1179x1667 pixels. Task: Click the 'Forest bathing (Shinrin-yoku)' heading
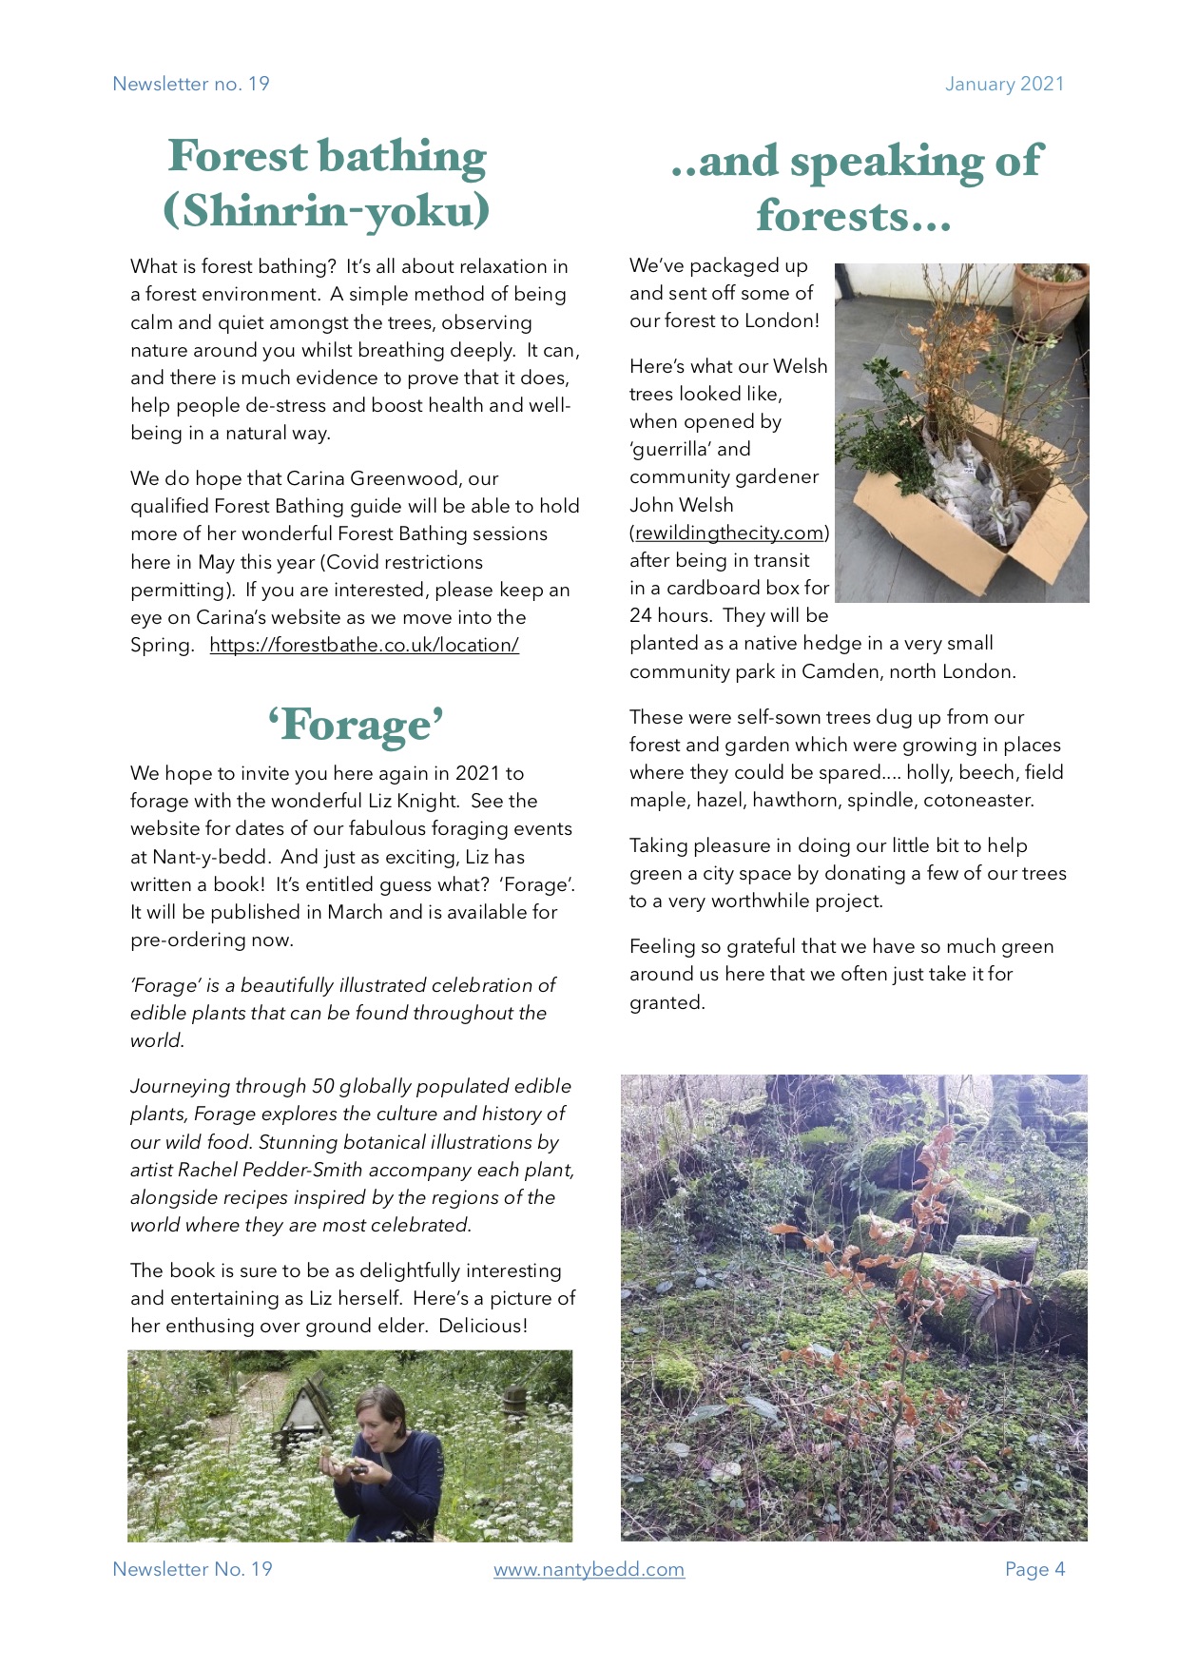pos(326,183)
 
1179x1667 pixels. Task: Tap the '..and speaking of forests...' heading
pos(856,187)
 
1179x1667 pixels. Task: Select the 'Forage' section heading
pos(355,725)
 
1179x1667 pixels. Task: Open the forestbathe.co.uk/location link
pos(364,645)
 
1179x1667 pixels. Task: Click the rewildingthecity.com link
pos(729,533)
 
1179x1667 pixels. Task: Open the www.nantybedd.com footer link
pos(589,1569)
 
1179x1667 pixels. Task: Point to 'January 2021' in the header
pos(1004,84)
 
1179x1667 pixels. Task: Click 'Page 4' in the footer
pos(1034,1569)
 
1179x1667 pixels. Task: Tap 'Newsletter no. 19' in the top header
pos(191,84)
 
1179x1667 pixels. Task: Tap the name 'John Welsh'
pos(681,505)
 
